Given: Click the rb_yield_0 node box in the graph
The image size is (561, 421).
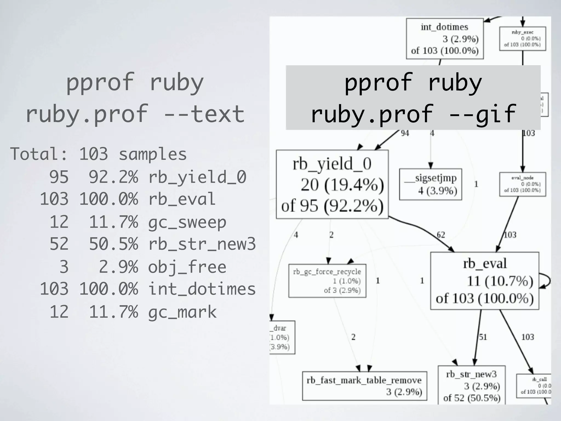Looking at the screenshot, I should click(x=332, y=184).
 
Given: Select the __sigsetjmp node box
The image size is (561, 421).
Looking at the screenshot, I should click(x=430, y=184).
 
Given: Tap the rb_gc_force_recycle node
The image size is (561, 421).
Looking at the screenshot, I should click(x=327, y=281).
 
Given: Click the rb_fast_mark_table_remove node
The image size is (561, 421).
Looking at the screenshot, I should click(x=364, y=386).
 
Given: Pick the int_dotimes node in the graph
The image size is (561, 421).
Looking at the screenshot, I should click(x=444, y=39).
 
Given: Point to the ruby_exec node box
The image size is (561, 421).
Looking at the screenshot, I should click(x=522, y=39).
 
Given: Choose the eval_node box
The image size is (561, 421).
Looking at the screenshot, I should click(x=522, y=184).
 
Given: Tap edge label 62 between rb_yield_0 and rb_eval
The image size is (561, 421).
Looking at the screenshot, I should click(x=441, y=235).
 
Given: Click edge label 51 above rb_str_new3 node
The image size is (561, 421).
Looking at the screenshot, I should click(x=483, y=337).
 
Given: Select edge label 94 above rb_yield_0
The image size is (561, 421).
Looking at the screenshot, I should click(x=405, y=133).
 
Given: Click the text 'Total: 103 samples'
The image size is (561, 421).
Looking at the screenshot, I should click(x=98, y=154).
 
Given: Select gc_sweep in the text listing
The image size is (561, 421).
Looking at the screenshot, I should click(x=187, y=222).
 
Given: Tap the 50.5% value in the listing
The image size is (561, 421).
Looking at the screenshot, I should click(x=113, y=244).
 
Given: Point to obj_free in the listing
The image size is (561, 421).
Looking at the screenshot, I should click(x=187, y=267).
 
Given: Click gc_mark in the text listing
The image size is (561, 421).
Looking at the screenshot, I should click(x=182, y=312).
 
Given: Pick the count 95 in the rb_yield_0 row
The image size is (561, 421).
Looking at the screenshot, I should click(x=59, y=177).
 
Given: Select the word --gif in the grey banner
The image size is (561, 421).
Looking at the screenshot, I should click(x=482, y=114).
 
